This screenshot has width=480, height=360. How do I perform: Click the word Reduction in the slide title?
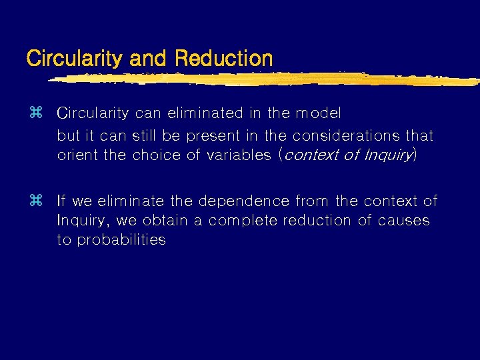[x=224, y=58]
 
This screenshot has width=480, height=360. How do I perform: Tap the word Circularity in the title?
[x=73, y=59]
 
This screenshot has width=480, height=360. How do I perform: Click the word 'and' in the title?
[x=149, y=58]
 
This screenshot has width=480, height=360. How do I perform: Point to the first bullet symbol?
[x=36, y=113]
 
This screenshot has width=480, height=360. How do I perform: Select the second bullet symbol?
[x=36, y=200]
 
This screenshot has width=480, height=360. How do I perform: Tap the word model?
[x=318, y=113]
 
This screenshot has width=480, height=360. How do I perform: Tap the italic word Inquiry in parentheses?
[x=388, y=155]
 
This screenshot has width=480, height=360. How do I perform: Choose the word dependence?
[x=233, y=200]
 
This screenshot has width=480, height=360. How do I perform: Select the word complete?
[x=242, y=221]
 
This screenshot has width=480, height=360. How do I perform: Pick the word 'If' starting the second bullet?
[x=61, y=200]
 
